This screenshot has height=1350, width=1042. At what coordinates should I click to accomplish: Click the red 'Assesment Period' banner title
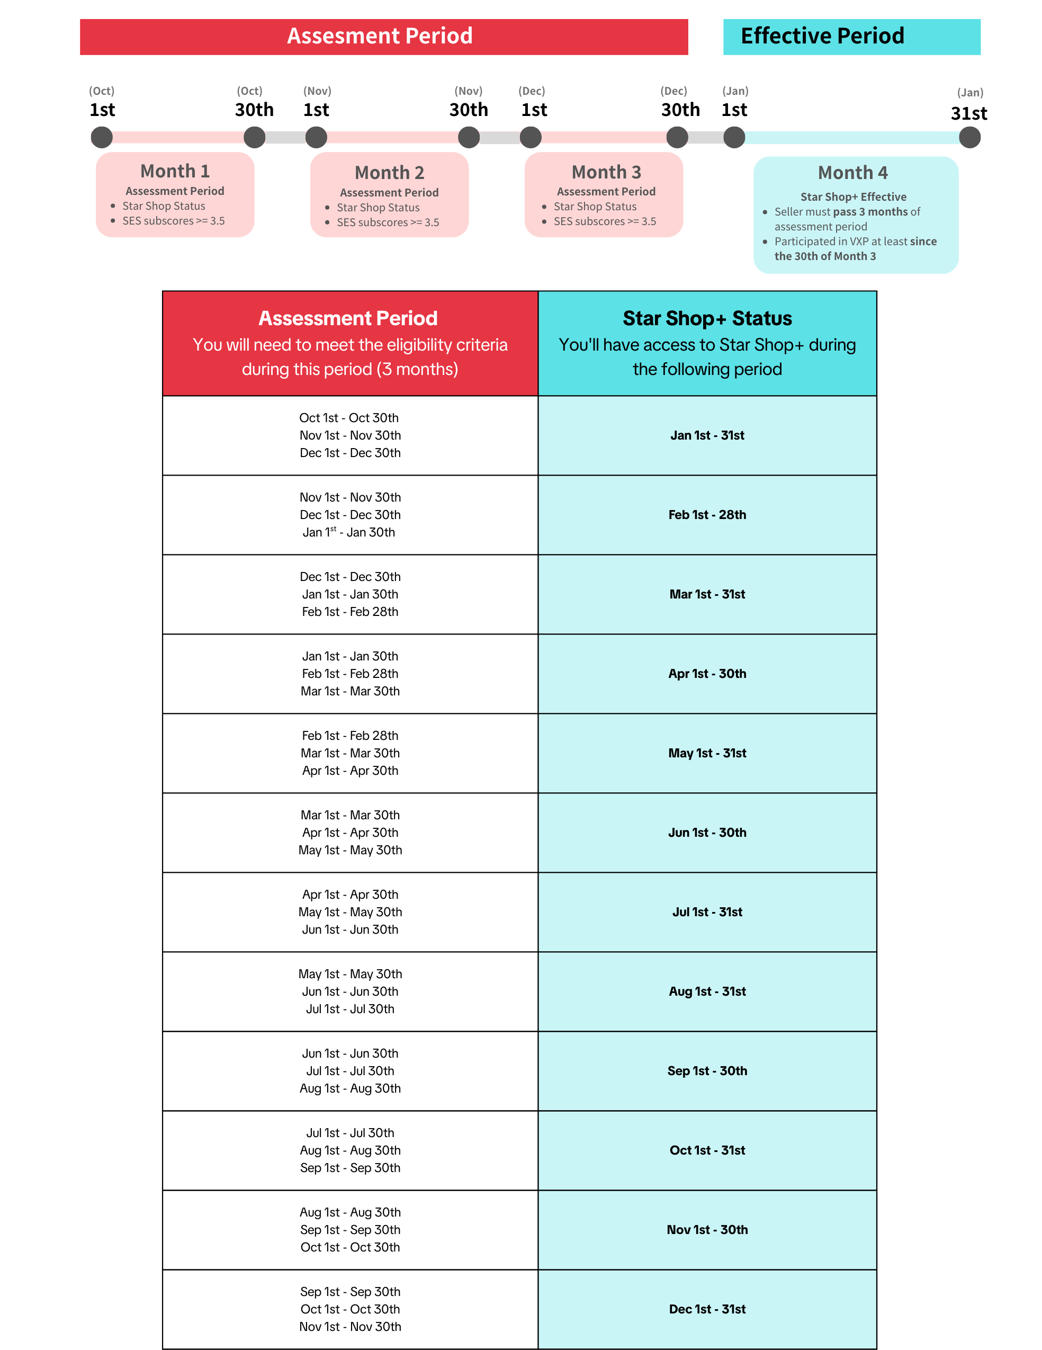[x=380, y=36]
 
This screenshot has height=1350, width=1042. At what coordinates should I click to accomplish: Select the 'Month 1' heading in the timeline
[x=175, y=171]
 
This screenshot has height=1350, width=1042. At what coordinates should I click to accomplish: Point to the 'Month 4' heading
[x=852, y=173]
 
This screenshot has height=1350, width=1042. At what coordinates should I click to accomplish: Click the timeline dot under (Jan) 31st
[x=969, y=137]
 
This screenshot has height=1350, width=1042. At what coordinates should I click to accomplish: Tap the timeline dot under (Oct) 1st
[x=102, y=137]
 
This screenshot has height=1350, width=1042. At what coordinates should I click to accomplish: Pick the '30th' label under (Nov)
[x=469, y=110]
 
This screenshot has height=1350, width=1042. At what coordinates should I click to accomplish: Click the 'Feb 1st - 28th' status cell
[x=707, y=515]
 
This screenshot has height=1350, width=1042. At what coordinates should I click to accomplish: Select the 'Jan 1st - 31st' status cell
[x=707, y=435]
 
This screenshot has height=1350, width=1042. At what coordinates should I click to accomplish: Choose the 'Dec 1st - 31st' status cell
[x=707, y=1309]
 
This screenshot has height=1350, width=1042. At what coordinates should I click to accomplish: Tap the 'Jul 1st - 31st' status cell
[x=707, y=912]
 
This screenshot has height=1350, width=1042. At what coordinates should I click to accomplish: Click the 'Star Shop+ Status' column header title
[x=707, y=318]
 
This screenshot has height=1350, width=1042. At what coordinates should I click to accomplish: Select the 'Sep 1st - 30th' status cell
[x=707, y=1070]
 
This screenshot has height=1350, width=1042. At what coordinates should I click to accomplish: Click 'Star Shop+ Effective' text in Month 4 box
[x=853, y=196]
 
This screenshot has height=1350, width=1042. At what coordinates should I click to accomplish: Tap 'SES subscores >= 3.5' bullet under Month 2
[x=388, y=222]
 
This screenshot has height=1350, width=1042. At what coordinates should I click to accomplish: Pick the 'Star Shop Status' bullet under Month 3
[x=595, y=207]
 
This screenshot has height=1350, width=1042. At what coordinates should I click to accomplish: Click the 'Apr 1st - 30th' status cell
[x=707, y=674]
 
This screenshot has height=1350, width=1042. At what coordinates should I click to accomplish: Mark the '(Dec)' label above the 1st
[x=532, y=91]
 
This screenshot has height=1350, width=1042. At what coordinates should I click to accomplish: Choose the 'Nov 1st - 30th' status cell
[x=707, y=1229]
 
